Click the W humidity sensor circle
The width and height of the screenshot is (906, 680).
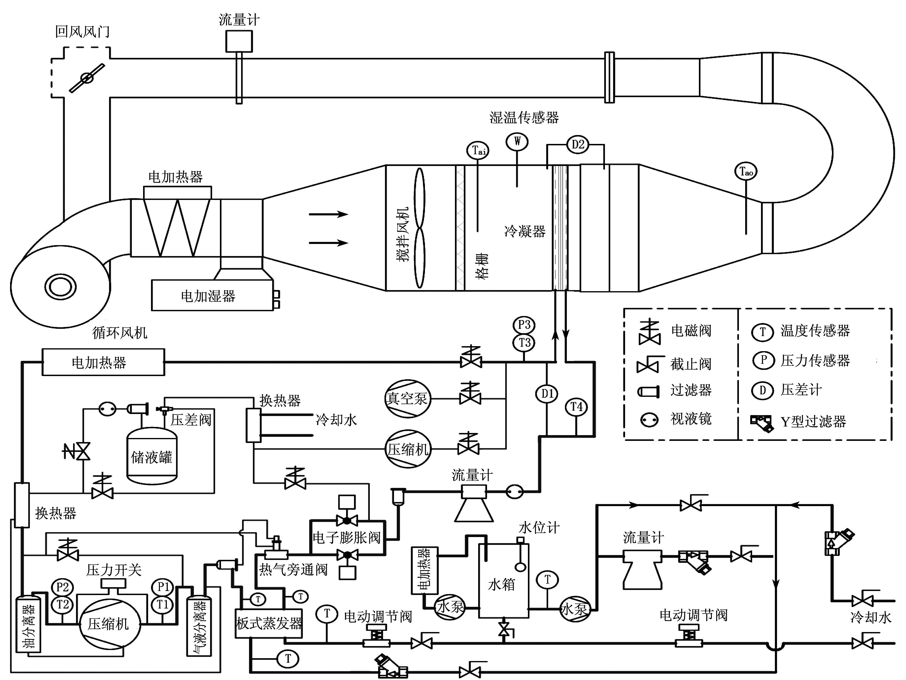pos(517,142)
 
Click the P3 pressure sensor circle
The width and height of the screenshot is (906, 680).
pos(524,325)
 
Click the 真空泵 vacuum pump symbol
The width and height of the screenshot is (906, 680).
pos(407,398)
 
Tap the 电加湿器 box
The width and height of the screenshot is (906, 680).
pos(212,295)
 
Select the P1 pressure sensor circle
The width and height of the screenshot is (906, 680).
pos(163,587)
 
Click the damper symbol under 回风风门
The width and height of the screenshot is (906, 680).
pos(87,77)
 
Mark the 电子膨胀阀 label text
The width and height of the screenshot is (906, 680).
pos(347,537)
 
